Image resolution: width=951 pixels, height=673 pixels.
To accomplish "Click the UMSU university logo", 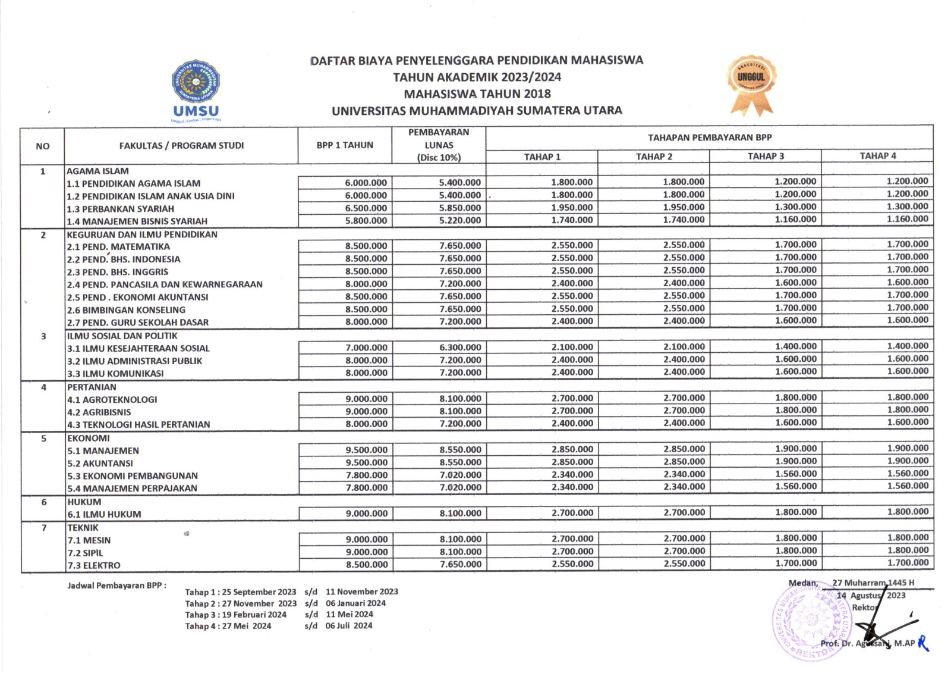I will (196, 89).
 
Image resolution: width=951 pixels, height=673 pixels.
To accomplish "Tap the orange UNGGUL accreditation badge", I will (751, 83).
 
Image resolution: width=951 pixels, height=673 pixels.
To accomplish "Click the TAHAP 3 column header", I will (766, 156).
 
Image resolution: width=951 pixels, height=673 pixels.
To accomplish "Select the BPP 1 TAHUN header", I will (345, 145).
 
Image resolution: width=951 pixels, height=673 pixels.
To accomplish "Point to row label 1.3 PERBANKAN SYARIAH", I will (121, 209).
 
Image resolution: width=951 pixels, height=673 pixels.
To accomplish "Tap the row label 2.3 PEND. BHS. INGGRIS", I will (118, 272).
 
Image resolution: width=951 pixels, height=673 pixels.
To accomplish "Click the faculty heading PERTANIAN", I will (92, 387).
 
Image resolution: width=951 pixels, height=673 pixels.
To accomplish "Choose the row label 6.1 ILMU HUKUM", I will (104, 515).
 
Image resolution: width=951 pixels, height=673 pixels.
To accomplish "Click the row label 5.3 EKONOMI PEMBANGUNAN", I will (133, 476).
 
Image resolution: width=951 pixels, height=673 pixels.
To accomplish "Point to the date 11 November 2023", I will (361, 592).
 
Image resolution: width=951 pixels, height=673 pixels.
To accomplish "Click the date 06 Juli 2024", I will (349, 626).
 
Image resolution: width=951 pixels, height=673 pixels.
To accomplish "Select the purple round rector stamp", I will (812, 621).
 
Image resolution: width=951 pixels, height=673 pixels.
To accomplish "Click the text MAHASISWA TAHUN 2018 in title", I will (477, 94).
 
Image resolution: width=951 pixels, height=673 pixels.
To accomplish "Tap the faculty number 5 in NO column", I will (43, 439).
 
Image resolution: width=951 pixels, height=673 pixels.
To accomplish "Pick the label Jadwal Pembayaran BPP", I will (116, 586).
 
